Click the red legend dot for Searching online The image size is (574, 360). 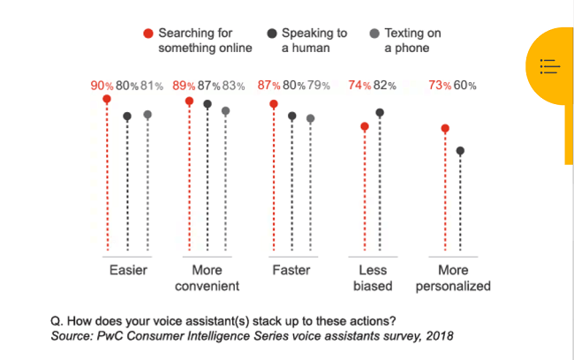[x=148, y=34]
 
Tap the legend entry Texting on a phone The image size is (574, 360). [x=412, y=41]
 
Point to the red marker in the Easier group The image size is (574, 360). [x=107, y=100]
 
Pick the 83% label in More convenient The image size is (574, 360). [x=232, y=86]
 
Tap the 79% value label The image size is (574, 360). [x=318, y=86]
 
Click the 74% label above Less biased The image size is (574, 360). [x=360, y=86]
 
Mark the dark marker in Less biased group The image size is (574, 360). [x=381, y=113]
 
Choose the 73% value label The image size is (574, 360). [x=442, y=86]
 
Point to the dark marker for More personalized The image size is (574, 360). [x=460, y=151]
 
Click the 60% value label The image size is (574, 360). [x=466, y=86]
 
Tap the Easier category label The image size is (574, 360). [x=128, y=270]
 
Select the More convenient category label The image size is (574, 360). [x=208, y=278]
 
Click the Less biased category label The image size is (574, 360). [x=372, y=278]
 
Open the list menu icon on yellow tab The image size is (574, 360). [x=548, y=66]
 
